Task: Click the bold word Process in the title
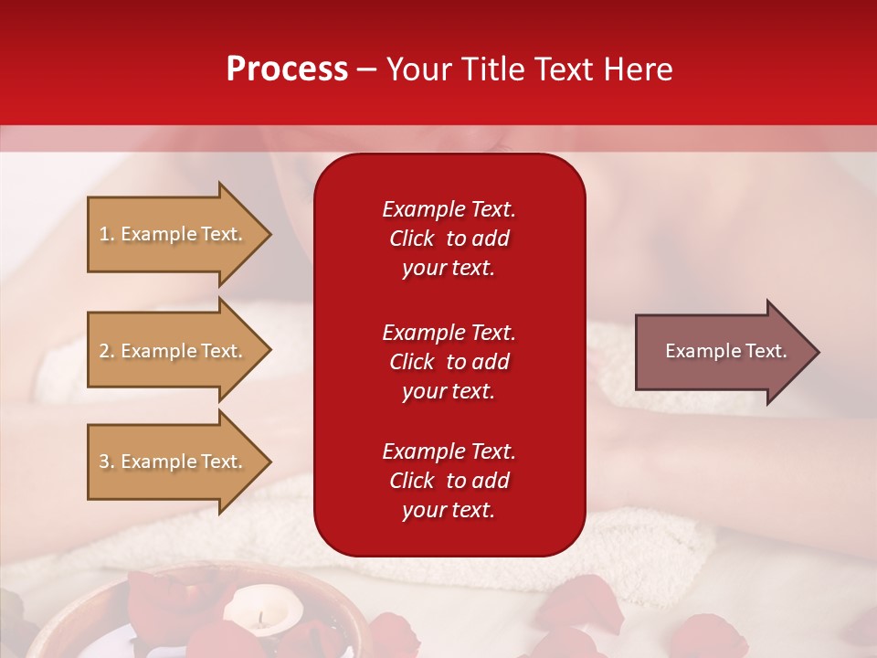pos(287,69)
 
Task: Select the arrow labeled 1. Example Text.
pos(171,234)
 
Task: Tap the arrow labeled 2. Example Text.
pos(171,351)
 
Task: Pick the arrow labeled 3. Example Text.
pos(171,462)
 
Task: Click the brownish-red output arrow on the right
pos(722,352)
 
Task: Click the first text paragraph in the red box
pos(449,239)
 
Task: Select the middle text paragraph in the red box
pos(449,362)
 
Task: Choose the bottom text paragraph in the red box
pos(449,481)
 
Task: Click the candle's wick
pos(260,617)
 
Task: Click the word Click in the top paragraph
pos(412,239)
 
